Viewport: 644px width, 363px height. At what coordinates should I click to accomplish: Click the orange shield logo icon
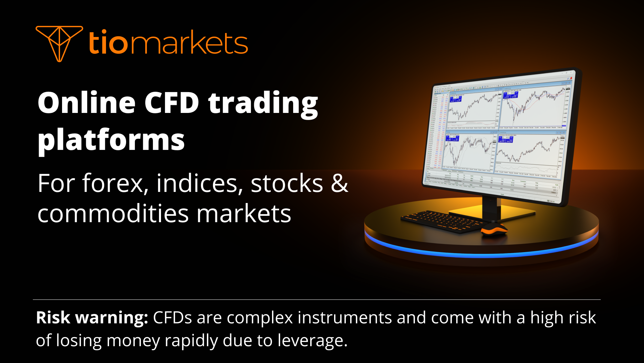click(x=59, y=43)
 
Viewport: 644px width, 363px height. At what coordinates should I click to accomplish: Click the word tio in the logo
click(x=108, y=43)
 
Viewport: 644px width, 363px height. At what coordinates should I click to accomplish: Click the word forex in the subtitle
click(x=113, y=184)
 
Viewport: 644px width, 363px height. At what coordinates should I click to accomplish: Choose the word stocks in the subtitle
click(x=287, y=184)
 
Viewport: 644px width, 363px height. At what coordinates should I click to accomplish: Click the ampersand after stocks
click(x=339, y=184)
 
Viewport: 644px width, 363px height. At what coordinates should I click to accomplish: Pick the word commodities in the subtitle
click(x=113, y=214)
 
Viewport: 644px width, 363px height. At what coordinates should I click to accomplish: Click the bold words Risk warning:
click(x=92, y=318)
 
